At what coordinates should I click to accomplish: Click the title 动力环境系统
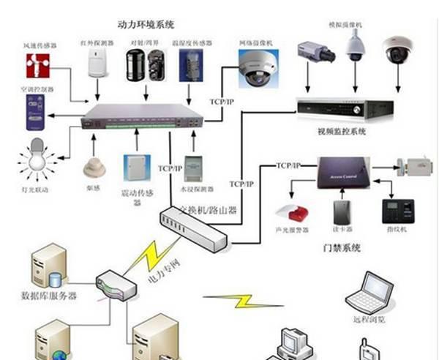[x=146, y=23]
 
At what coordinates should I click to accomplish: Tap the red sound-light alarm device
[x=287, y=214]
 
